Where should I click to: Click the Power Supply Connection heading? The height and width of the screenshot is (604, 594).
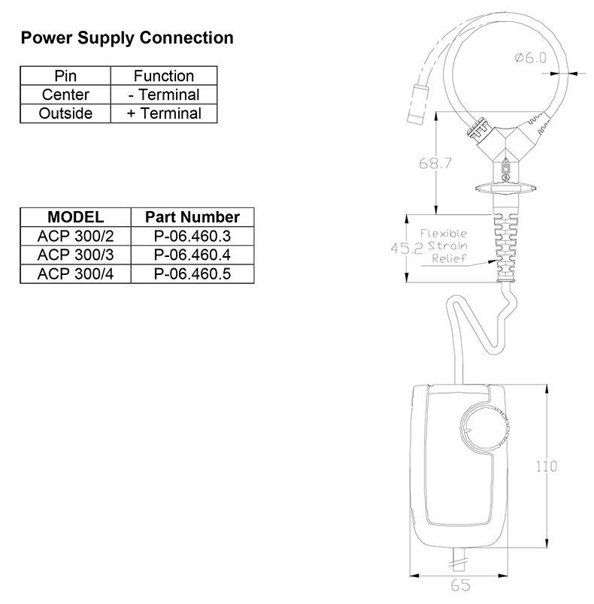127,38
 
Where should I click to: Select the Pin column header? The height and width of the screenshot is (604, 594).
65,76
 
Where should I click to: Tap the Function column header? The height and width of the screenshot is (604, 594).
164,76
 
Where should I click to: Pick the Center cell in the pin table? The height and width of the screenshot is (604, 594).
65,95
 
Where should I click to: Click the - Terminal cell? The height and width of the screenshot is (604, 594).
164,95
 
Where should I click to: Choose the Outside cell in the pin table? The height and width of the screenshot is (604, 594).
65,113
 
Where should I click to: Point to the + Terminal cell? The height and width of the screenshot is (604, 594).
164,113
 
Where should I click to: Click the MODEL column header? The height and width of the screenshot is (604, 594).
75,217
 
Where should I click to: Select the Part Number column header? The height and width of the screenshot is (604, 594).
192,217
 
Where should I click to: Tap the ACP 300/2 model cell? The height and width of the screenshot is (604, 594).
75,236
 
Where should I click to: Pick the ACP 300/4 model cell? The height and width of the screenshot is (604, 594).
75,274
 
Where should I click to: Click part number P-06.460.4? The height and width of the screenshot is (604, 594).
192,255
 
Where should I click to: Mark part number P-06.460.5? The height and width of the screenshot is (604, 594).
192,274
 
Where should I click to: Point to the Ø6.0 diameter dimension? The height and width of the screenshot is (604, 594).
531,58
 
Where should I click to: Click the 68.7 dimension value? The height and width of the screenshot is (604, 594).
435,163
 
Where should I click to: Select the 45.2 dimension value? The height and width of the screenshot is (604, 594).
407,248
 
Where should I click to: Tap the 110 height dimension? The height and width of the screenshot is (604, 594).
547,466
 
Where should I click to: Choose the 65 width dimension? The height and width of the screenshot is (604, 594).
461,585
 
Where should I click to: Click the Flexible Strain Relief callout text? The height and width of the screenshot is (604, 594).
444,246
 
